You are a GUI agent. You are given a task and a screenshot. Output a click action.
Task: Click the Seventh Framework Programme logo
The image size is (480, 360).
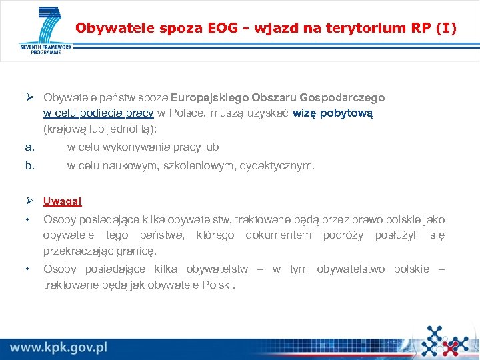[45, 31]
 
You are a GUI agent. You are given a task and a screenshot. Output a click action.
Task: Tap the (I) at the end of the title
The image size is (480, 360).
[446, 29]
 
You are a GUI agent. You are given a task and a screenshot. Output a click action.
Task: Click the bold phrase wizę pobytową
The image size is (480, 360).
[333, 113]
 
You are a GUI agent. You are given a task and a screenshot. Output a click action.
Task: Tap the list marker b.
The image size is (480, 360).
[29, 165]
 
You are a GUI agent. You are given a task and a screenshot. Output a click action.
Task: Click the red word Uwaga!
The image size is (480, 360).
[62, 201]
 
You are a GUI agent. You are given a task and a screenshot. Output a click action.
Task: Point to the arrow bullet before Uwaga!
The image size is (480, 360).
[29, 201]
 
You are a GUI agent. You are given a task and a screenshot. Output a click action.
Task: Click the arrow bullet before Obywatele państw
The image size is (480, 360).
[29, 97]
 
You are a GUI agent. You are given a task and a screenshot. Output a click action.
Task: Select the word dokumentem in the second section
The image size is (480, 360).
[278, 235]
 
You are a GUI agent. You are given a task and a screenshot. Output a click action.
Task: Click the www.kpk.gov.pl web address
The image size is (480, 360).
[59, 347]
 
